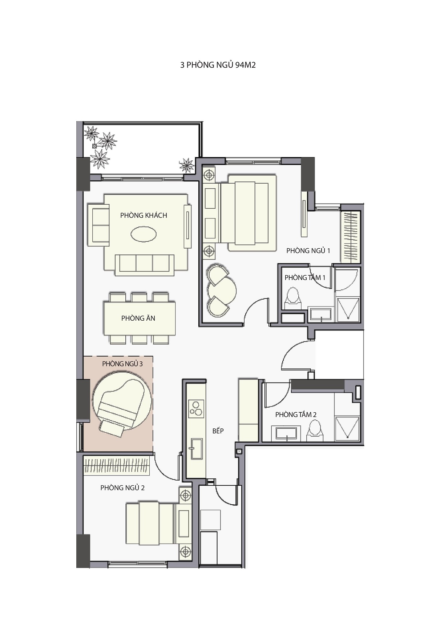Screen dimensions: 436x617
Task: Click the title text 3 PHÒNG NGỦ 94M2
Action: click(218, 65)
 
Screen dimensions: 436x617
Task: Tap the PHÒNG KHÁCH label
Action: click(144, 215)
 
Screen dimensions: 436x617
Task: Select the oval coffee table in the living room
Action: click(144, 234)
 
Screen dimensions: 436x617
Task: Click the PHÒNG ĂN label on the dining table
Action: click(138, 318)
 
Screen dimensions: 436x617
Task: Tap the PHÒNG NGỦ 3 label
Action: click(122, 364)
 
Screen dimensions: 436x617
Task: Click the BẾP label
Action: click(218, 431)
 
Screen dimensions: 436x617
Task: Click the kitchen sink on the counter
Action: click(195, 449)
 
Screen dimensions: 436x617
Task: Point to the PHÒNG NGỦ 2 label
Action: click(122, 488)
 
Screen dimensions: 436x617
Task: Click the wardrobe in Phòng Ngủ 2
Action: click(117, 465)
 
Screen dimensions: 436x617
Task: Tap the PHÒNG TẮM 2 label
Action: click(296, 414)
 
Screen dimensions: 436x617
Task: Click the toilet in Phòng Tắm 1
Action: click(292, 299)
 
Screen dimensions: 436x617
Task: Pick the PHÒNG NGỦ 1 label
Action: click(308, 251)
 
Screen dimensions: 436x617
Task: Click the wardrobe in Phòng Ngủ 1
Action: click(350, 237)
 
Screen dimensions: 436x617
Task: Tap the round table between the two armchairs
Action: click(222, 289)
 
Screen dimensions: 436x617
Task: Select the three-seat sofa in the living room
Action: click(145, 265)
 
